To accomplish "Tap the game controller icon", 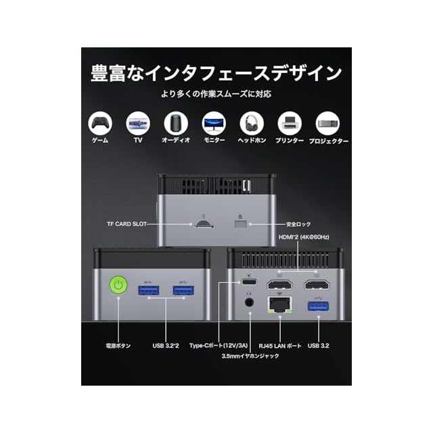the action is coord(99,123).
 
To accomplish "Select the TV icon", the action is coord(137,123).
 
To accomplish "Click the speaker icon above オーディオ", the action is coord(175,123).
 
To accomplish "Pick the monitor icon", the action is coord(214,123).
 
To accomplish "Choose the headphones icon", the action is coord(252,123).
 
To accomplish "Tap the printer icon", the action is coord(290,123).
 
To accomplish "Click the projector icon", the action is coord(328,123).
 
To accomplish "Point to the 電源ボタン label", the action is coord(118,346).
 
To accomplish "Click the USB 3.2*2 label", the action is coord(166,346).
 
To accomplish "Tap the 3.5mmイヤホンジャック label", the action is coord(250,357).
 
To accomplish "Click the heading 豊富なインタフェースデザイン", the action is coord(216,72).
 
